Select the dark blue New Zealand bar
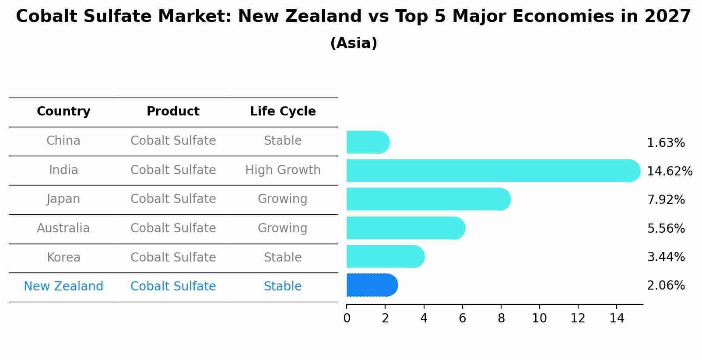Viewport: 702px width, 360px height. click(372, 285)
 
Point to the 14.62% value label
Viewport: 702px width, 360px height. click(669, 171)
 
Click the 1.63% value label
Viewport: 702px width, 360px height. click(666, 143)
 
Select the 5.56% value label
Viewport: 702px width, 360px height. click(666, 228)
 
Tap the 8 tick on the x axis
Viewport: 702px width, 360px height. click(501, 318)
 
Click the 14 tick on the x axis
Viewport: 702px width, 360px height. click(617, 318)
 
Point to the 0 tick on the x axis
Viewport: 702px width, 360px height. click(347, 318)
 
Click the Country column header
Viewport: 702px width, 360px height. click(63, 112)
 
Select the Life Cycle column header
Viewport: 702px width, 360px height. click(283, 112)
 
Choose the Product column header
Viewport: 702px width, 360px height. click(173, 112)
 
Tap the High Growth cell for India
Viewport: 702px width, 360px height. click(283, 170)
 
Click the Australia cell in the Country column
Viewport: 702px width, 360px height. click(63, 228)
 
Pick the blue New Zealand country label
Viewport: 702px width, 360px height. click(63, 286)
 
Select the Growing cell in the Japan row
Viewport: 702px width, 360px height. click(283, 199)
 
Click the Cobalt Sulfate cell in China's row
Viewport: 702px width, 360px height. click(173, 140)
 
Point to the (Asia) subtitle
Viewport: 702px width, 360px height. click(354, 43)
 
